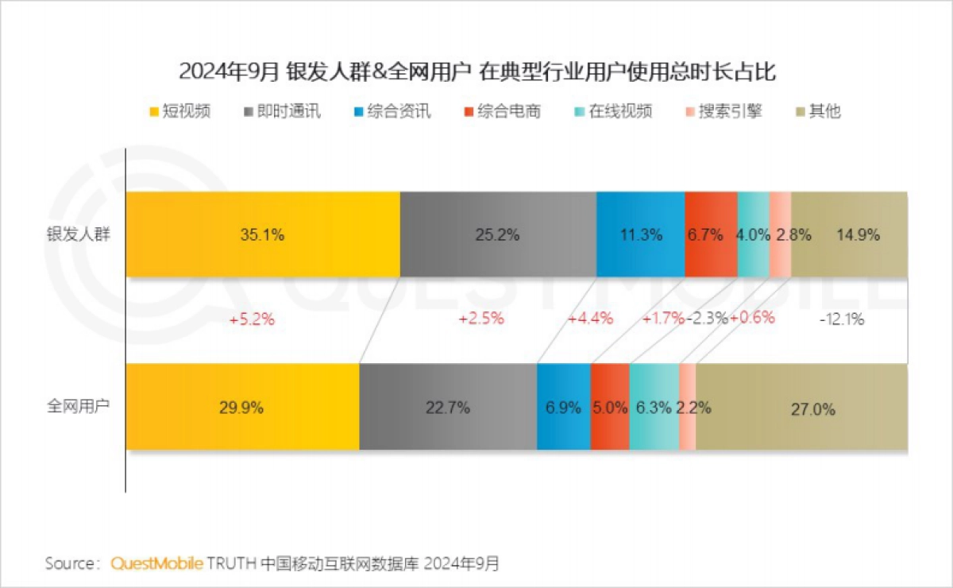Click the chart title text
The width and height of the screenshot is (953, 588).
476,72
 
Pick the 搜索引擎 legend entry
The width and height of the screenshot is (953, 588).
723,111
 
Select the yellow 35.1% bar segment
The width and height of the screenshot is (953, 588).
263,234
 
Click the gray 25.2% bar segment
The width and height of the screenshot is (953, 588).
498,234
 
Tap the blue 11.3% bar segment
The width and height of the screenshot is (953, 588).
640,234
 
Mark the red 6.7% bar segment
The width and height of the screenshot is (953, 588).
711,234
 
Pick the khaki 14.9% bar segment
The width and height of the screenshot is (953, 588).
849,234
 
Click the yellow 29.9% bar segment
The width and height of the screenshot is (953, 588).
242,408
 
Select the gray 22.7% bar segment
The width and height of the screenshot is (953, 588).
448,408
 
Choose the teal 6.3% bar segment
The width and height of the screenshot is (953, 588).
654,408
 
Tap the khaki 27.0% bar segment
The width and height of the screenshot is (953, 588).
801,408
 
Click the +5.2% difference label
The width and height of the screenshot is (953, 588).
252,319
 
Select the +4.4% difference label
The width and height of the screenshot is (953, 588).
590,319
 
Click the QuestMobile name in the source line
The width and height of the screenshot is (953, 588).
156,563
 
